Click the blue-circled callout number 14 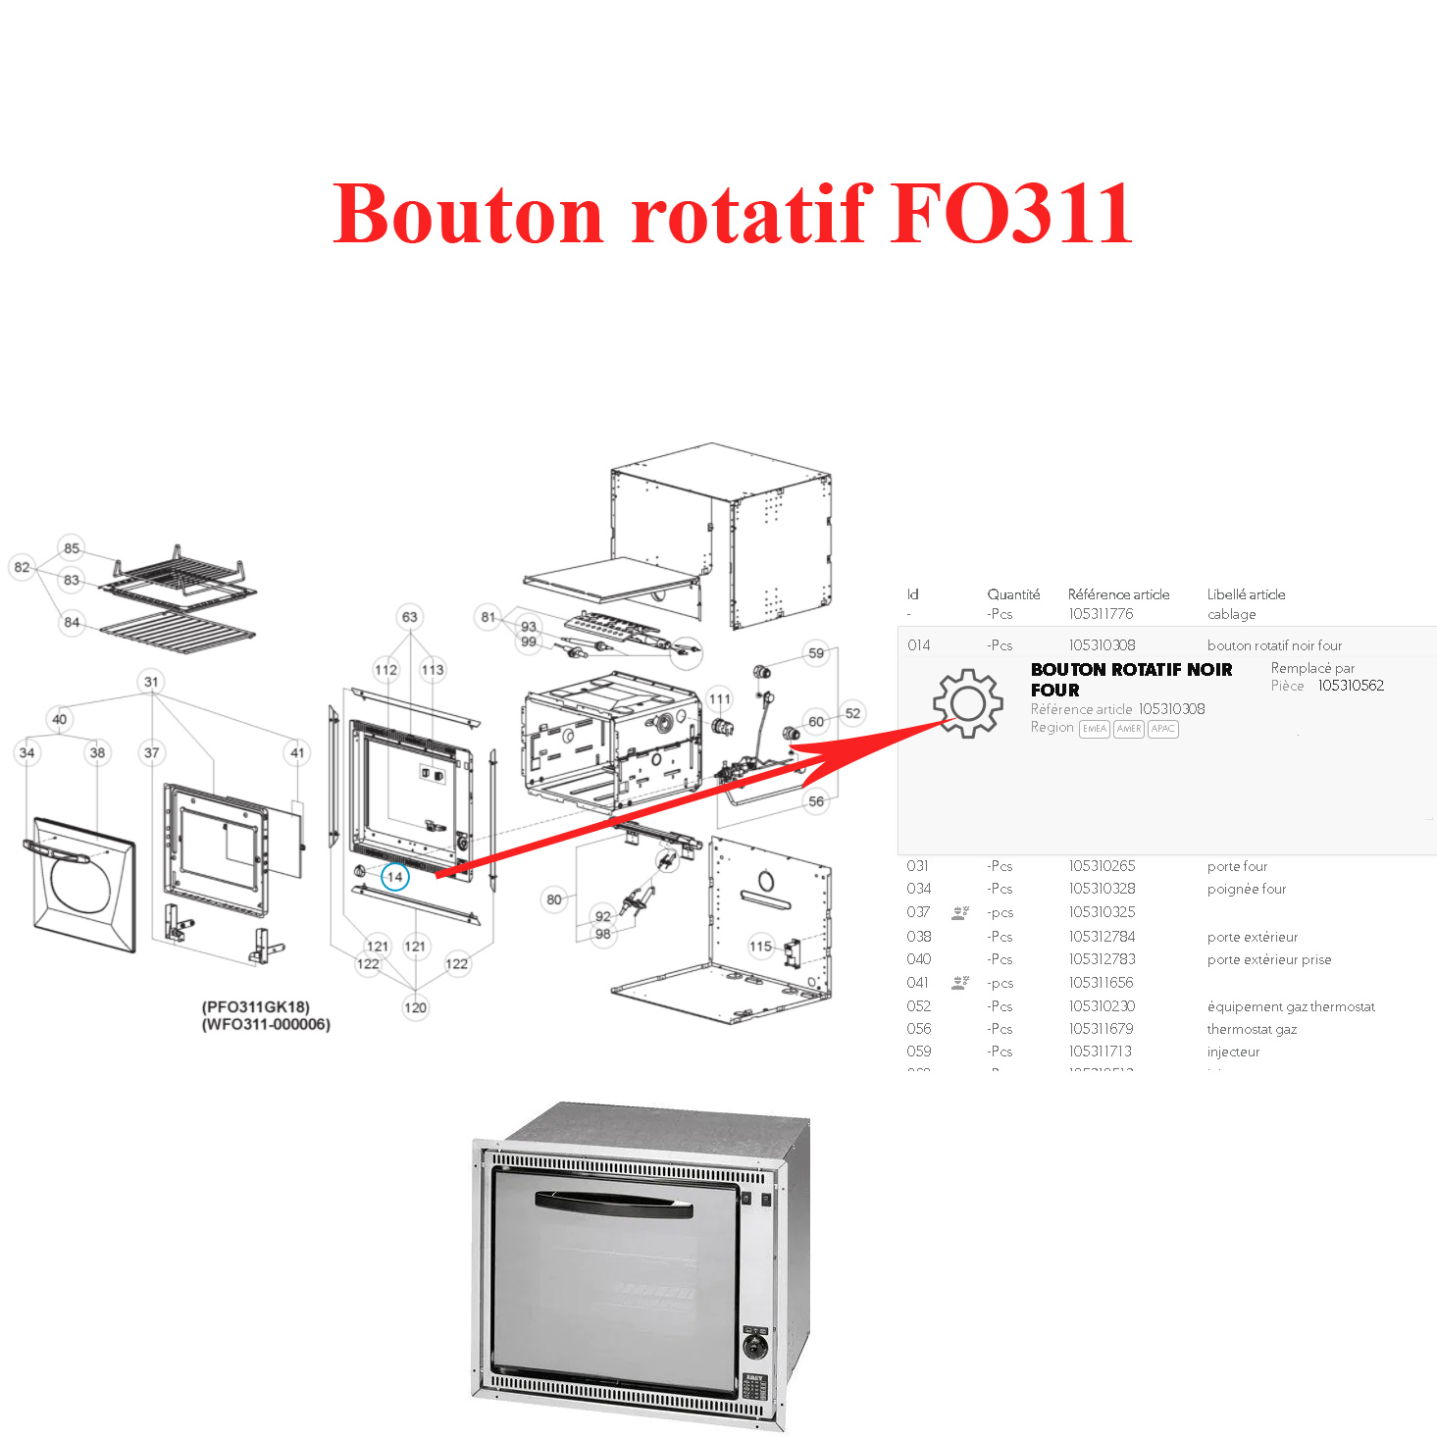tap(394, 877)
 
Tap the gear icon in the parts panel tap(967, 702)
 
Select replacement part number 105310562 tap(1351, 686)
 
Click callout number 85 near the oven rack tap(72, 548)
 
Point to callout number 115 tap(760, 947)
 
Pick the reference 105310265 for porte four tap(1102, 866)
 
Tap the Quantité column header tap(1013, 594)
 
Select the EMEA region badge tap(1094, 729)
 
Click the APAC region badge tap(1162, 729)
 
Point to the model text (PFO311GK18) tap(256, 1007)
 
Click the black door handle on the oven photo tap(613, 1205)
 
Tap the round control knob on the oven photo tap(754, 1345)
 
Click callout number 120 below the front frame tap(415, 1007)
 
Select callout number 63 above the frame tap(409, 617)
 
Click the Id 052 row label tap(919, 1006)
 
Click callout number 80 tap(554, 899)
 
